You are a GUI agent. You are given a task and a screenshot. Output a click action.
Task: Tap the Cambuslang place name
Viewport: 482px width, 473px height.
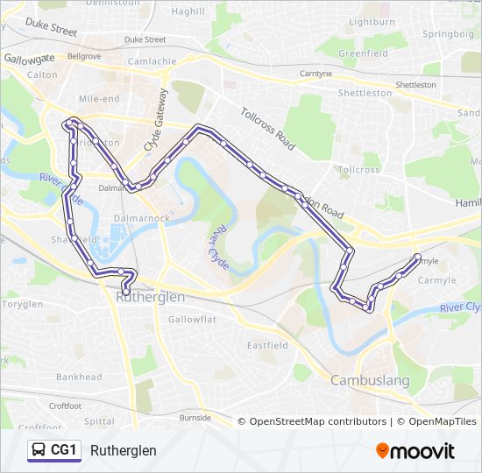click(369, 380)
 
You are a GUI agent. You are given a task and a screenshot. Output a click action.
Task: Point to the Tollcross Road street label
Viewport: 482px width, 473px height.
click(267, 127)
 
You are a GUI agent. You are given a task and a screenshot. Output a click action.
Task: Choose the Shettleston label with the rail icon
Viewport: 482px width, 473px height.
click(415, 85)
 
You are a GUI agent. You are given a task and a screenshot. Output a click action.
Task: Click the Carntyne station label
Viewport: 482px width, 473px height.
click(315, 74)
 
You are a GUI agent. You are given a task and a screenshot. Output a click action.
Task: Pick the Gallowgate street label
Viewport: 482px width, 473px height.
click(29, 57)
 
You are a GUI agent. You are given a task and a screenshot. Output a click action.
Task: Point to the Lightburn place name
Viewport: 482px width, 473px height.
click(372, 21)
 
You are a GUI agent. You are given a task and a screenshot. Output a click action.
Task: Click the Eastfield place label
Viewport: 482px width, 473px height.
click(267, 345)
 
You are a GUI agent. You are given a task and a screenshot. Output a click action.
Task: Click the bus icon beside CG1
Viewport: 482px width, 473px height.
click(38, 450)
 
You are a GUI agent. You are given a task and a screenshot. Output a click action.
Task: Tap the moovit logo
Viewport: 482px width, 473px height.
click(415, 451)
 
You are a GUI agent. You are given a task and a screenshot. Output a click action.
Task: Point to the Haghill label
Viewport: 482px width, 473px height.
click(188, 11)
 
